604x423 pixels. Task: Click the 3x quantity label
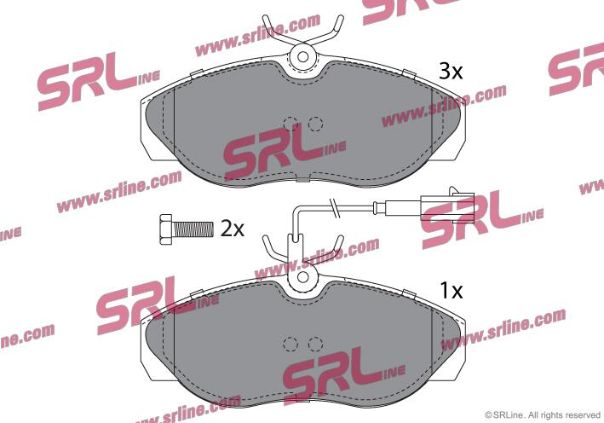(x=451, y=72)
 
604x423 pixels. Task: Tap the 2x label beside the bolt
(x=232, y=229)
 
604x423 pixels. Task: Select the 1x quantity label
(x=451, y=290)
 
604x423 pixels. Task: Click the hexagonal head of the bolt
(x=166, y=229)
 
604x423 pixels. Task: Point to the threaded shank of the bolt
(x=193, y=229)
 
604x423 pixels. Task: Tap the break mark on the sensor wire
(x=334, y=208)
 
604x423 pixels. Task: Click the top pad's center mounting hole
(x=302, y=57)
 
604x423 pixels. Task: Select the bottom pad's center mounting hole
(x=302, y=276)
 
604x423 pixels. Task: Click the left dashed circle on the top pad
(x=290, y=124)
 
